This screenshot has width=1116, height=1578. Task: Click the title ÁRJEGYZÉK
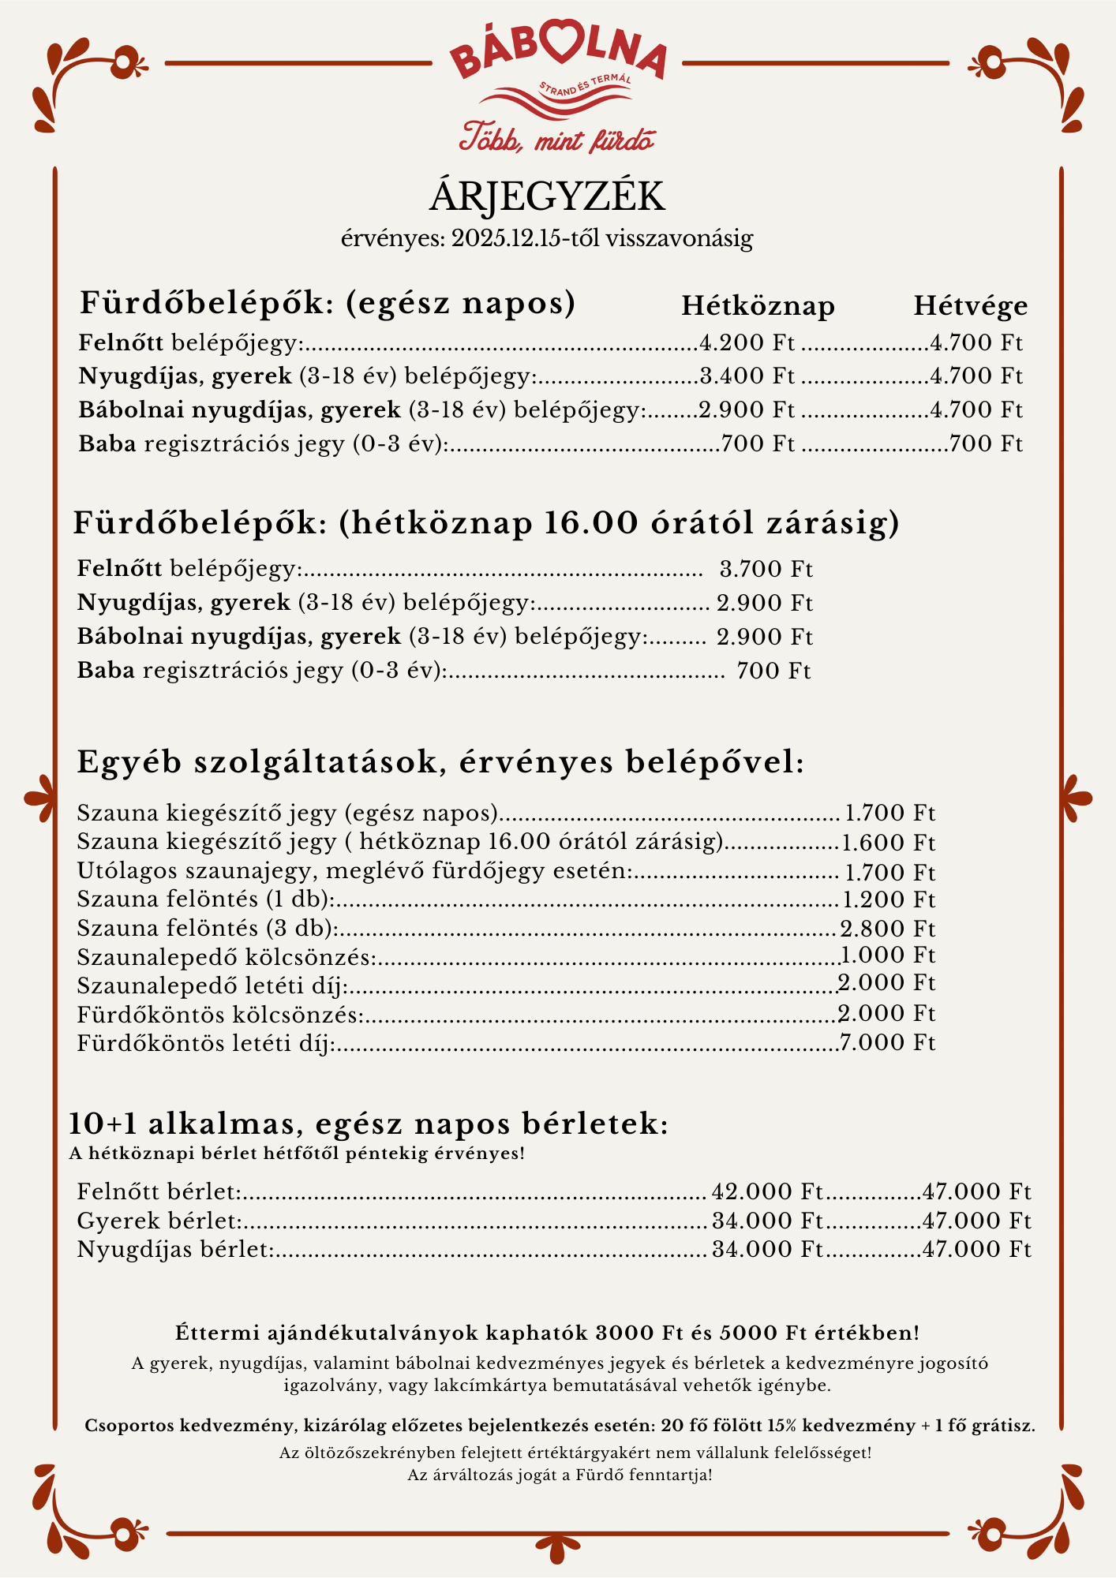[547, 197]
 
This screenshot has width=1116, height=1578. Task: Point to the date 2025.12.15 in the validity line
[506, 238]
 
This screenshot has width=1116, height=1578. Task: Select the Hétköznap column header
[758, 306]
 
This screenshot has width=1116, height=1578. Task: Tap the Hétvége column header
[971, 306]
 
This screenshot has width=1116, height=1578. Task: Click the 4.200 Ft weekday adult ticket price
[747, 343]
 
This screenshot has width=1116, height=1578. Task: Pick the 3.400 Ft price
[747, 376]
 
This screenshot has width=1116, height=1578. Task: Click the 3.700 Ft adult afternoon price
[766, 569]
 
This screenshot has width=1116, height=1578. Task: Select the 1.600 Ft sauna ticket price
[888, 843]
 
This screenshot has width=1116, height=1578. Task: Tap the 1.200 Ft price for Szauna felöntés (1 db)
[888, 900]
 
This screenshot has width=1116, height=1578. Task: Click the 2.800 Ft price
[888, 929]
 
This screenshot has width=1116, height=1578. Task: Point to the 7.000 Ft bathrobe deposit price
[888, 1043]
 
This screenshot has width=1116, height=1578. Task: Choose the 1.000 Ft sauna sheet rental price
[888, 956]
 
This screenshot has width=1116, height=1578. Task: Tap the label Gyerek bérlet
[159, 1221]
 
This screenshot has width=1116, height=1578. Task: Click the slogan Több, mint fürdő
[557, 139]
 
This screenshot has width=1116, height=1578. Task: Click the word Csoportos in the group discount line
[129, 1427]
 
